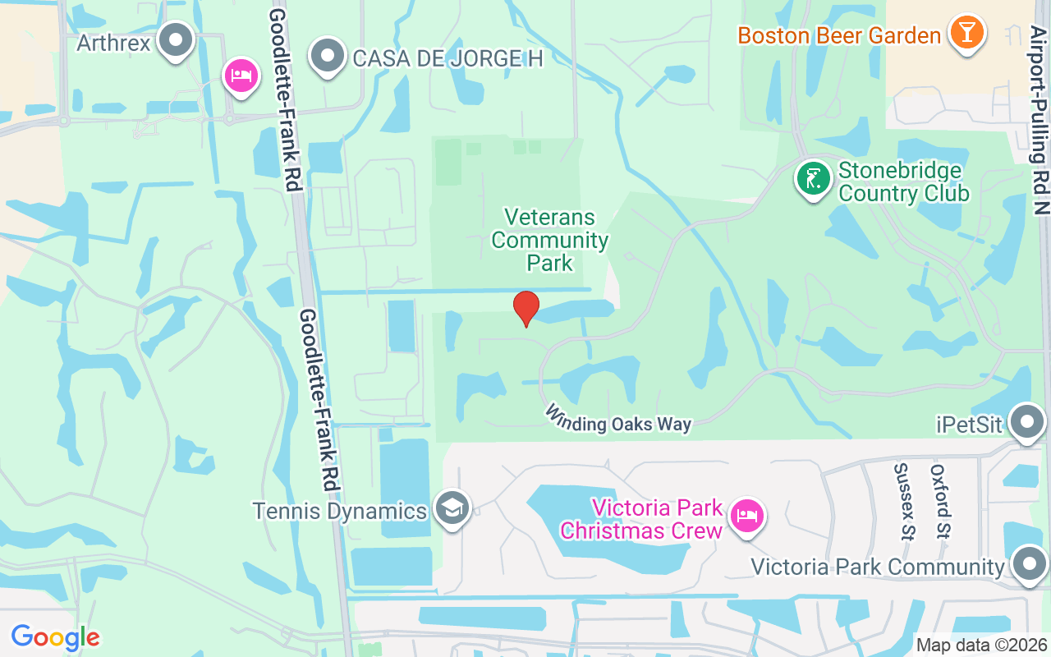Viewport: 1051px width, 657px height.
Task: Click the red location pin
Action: [526, 309]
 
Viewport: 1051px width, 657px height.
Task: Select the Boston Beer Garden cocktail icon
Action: [966, 33]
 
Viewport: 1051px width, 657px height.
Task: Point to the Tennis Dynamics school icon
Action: [452, 508]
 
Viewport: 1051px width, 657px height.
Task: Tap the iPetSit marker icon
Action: [1026, 422]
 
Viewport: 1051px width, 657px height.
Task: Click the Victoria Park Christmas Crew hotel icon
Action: [747, 517]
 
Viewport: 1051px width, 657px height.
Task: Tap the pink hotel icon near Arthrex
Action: [241, 76]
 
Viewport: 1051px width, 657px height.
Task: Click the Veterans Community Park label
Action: [550, 240]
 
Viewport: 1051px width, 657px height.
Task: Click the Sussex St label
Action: [903, 500]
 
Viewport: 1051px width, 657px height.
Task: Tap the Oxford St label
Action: [940, 501]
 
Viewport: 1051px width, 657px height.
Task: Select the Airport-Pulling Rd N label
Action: [1040, 119]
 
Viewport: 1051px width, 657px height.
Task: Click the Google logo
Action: [55, 637]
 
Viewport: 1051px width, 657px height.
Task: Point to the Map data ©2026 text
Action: [981, 645]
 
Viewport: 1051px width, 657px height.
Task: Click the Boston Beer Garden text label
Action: [839, 36]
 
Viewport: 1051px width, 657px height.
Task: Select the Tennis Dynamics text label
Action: [340, 511]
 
